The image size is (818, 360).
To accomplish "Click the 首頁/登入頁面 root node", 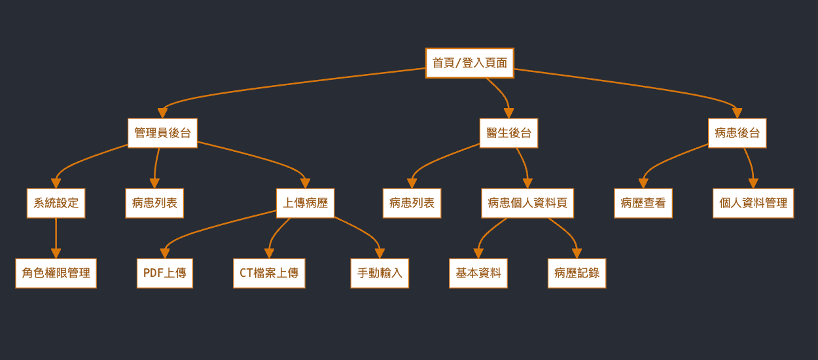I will (x=469, y=63).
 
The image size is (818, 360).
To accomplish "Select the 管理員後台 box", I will (x=162, y=133).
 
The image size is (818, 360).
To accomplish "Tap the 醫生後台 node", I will (x=508, y=133).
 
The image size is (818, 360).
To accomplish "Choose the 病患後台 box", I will (x=737, y=133).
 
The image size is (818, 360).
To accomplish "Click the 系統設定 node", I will (x=56, y=203).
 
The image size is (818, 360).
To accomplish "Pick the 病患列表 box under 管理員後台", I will (x=154, y=203).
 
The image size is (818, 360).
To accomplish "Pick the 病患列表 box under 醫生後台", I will (x=412, y=203).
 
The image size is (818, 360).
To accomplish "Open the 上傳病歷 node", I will (x=305, y=203).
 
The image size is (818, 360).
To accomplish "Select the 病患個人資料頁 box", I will (x=527, y=203).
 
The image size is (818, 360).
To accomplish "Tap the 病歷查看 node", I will (x=643, y=203).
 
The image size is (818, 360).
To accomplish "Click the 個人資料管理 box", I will (x=753, y=203).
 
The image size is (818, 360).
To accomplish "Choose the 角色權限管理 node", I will (x=56, y=273).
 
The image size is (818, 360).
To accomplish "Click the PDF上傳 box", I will (x=164, y=273).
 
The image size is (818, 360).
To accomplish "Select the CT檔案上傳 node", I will (x=269, y=273).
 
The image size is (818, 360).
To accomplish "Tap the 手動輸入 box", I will (x=380, y=273).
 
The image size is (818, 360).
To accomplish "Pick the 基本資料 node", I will (x=478, y=273).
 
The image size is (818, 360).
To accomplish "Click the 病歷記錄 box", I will (x=577, y=273).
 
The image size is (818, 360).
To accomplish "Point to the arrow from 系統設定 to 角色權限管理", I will (x=56, y=236).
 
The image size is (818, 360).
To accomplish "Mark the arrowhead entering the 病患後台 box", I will (x=737, y=113).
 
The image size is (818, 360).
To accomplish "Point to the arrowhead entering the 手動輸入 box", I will (x=380, y=253).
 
